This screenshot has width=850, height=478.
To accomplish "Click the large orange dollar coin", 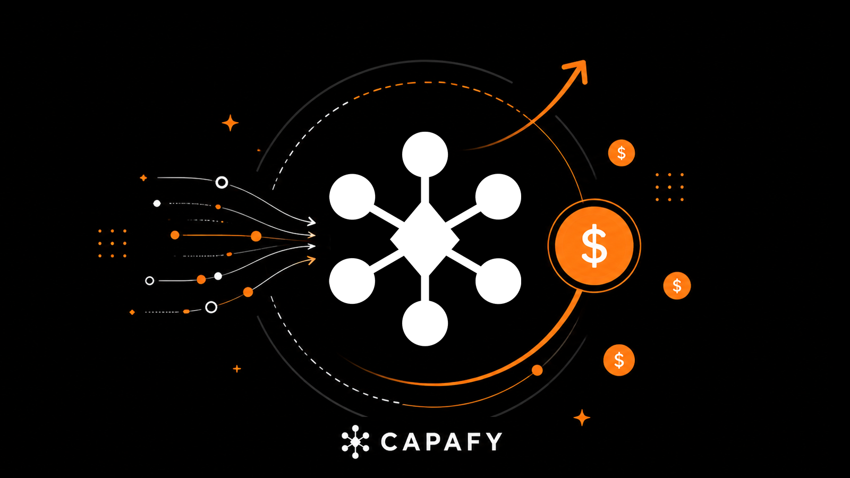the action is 594,246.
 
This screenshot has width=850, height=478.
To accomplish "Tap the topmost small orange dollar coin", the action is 621,153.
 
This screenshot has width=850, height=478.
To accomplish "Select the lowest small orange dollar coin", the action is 619,360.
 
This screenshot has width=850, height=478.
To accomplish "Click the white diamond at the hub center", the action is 425,239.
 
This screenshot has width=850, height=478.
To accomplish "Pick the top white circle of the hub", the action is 425,155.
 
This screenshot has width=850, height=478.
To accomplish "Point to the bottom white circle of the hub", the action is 425,323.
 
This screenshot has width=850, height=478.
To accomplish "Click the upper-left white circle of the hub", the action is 352,197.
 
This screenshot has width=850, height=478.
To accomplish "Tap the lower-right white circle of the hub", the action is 498,281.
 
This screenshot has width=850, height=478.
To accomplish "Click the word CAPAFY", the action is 441,441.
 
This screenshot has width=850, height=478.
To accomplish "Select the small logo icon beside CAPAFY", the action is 355,442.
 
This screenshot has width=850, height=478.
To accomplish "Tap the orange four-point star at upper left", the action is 230,123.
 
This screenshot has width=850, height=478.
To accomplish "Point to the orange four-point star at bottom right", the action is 582,417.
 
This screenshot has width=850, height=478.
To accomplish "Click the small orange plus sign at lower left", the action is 237,369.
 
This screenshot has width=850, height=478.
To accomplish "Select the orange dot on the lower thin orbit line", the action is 537,370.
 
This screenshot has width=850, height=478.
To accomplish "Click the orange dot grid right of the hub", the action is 670,187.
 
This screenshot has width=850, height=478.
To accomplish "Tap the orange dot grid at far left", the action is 112,243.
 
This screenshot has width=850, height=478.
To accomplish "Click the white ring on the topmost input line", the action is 222,183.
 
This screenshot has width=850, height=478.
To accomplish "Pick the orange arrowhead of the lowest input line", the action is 311,260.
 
